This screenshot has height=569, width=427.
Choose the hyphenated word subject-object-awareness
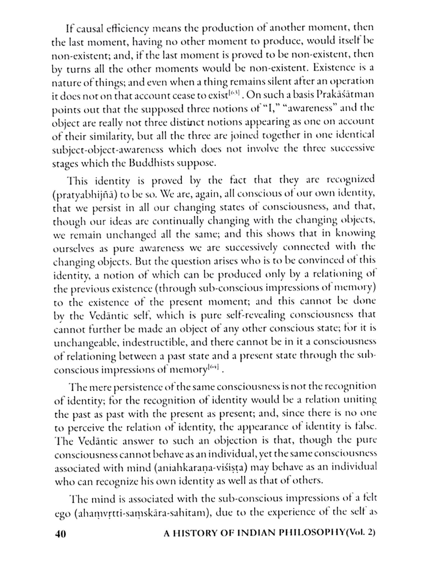pyautogui.click(x=108, y=150)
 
